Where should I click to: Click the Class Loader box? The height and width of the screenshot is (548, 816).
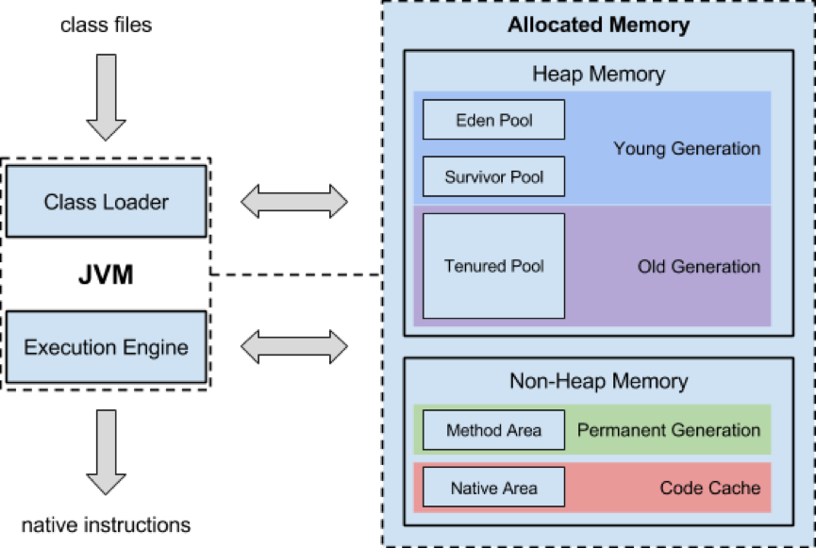tap(106, 201)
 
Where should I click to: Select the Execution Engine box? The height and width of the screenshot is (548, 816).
tap(106, 347)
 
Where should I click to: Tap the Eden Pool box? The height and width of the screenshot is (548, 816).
tap(493, 120)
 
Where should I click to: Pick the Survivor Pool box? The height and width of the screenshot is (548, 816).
tap(493, 176)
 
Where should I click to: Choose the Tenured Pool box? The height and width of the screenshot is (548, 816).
tap(493, 266)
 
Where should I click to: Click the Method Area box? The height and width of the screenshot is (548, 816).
tap(493, 430)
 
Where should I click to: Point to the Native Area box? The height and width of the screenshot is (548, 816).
tap(493, 488)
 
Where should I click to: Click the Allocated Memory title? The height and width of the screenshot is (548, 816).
tap(598, 25)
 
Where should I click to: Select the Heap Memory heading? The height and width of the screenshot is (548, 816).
tap(598, 74)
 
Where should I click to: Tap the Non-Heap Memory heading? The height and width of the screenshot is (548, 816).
tap(598, 382)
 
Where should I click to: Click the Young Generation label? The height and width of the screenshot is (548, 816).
tap(686, 148)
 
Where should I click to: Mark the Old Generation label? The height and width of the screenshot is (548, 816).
tap(698, 266)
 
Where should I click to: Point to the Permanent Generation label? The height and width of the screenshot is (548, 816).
tap(668, 430)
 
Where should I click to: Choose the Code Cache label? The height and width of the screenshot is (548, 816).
tap(709, 488)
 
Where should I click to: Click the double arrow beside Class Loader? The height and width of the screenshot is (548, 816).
tap(294, 200)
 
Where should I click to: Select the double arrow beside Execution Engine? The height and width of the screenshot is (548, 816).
tap(294, 346)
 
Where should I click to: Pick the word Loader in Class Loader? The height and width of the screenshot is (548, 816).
tap(139, 201)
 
